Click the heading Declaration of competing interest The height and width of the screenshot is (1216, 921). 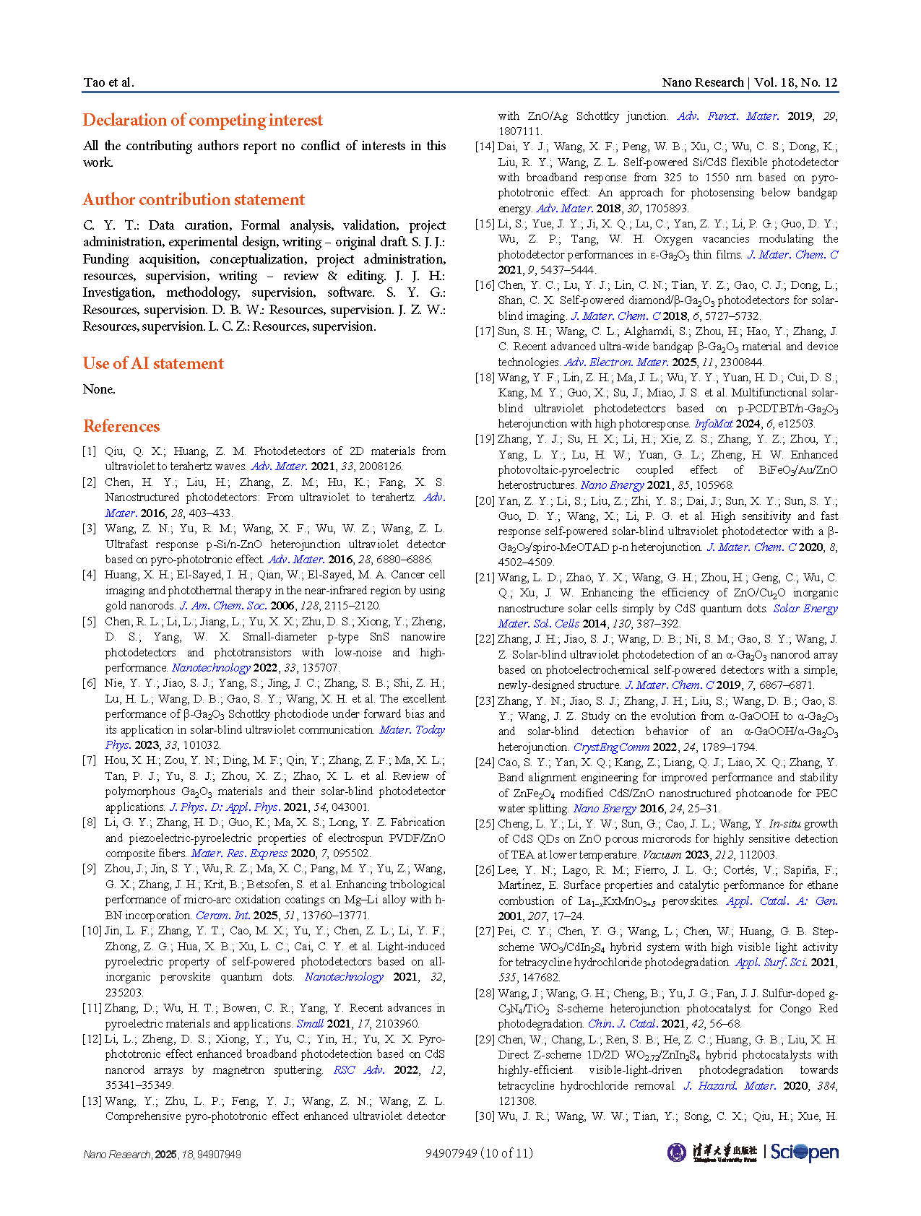202,120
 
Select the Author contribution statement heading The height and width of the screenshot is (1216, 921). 194,199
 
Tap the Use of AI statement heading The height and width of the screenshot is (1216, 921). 153,363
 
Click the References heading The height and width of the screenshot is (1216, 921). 121,426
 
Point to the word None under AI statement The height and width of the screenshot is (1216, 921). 99,389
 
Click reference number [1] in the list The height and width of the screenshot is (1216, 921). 89,451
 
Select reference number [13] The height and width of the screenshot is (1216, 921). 92,1101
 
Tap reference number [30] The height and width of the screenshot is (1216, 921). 485,1116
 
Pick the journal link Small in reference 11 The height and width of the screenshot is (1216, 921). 310,1024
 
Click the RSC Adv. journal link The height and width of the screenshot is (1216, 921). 358,1070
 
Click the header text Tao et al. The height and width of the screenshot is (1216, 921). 108,82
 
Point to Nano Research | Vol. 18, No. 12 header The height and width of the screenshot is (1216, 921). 749,82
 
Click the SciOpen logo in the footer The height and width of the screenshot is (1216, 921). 804,1152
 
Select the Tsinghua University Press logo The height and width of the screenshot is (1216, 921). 712,1152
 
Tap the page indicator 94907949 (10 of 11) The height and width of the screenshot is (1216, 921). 479,1153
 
